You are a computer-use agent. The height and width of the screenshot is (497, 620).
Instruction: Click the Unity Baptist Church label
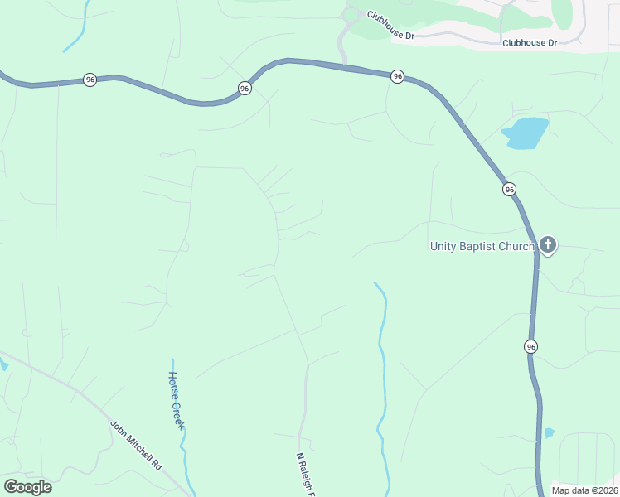[482, 245]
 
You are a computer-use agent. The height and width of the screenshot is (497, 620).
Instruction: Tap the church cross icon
[547, 244]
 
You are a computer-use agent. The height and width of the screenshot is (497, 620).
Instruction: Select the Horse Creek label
[176, 399]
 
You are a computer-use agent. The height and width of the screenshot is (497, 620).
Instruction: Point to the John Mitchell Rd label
[136, 446]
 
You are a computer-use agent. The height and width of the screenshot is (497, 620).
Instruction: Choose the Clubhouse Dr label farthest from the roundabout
[529, 42]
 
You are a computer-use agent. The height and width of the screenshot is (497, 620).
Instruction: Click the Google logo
[27, 486]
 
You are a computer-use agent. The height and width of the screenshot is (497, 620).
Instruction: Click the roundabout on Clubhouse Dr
[351, 14]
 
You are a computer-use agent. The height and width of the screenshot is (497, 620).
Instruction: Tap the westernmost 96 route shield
[90, 80]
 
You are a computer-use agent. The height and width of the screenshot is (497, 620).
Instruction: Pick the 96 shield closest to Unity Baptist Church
[510, 190]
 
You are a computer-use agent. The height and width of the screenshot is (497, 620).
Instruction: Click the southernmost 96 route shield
[530, 346]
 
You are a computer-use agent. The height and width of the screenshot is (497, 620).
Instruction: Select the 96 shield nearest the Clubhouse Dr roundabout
[398, 76]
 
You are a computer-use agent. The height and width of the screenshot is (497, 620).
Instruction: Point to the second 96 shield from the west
[245, 88]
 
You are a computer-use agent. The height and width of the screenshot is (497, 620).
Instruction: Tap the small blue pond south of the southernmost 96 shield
[549, 432]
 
